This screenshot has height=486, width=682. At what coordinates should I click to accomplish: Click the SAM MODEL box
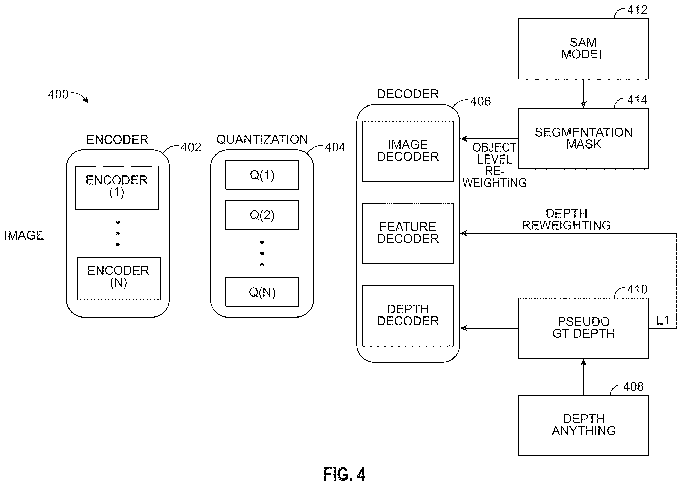pyautogui.click(x=583, y=49)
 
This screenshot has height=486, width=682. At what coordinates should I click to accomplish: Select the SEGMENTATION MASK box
pyautogui.click(x=583, y=139)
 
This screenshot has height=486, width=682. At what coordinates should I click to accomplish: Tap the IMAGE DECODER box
pyautogui.click(x=408, y=151)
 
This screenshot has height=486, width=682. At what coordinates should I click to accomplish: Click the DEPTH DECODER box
pyautogui.click(x=408, y=315)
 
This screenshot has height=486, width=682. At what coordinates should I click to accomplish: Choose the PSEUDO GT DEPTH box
pyautogui.click(x=583, y=328)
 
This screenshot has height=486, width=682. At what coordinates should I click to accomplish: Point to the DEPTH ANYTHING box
pyautogui.click(x=583, y=425)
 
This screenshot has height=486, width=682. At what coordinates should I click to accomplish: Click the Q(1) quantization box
pyautogui.click(x=262, y=175)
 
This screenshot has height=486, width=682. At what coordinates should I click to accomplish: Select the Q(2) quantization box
pyautogui.click(x=262, y=215)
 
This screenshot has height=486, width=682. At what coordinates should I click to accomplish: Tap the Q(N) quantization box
pyautogui.click(x=262, y=292)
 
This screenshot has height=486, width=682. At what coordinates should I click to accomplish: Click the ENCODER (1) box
pyautogui.click(x=117, y=188)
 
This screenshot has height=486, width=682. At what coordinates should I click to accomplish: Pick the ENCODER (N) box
pyautogui.click(x=119, y=279)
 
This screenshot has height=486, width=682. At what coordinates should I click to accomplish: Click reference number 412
pyautogui.click(x=637, y=10)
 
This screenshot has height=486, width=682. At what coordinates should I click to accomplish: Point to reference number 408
pyautogui.click(x=633, y=387)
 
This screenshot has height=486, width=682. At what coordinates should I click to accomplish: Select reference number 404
pyautogui.click(x=335, y=147)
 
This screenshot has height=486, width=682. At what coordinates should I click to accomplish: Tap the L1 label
pyautogui.click(x=663, y=321)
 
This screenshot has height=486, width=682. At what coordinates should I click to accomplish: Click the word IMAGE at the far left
pyautogui.click(x=24, y=235)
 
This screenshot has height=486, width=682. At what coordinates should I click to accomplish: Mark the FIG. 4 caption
pyautogui.click(x=345, y=474)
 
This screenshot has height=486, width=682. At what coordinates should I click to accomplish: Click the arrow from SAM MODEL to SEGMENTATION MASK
pyautogui.click(x=583, y=94)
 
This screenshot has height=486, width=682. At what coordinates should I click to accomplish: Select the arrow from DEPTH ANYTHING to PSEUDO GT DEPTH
pyautogui.click(x=583, y=377)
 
